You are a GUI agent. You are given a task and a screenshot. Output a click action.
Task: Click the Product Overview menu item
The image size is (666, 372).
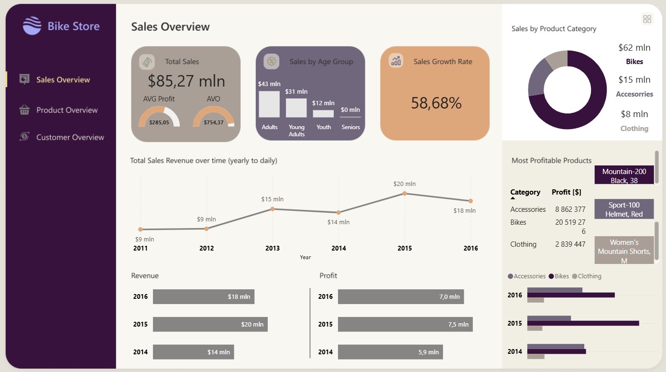pos(58,110)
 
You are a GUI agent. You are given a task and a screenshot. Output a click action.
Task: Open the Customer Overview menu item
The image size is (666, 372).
pos(62,137)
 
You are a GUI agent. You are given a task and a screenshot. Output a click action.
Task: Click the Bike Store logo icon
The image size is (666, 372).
pos(32,25)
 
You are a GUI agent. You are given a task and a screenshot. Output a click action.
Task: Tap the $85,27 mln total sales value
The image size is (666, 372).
pos(186,81)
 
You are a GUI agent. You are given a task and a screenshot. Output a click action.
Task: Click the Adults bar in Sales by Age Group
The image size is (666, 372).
pos(269,104)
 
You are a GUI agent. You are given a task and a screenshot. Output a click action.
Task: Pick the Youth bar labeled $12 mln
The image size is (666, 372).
pos(323,114)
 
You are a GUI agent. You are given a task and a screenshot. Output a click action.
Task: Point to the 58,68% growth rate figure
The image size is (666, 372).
pos(436,103)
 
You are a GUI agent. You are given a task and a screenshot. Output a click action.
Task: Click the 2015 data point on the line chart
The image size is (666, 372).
pos(404,194)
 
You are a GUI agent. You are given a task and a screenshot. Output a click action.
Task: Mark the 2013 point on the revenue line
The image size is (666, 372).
pos(273,209)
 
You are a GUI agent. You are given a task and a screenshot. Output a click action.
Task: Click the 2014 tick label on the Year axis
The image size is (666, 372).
pos(338,248)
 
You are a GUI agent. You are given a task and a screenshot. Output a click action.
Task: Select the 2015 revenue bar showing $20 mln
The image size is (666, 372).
pos(210,324)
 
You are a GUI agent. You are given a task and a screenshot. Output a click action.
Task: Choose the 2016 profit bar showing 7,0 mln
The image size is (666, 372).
pos(401,296)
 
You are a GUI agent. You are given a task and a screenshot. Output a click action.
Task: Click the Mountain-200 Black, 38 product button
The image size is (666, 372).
pos(624,175)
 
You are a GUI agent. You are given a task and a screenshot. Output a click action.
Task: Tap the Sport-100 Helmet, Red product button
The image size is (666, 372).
pos(624,209)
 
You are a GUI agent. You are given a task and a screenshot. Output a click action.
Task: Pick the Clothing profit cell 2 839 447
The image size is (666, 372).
pos(570,244)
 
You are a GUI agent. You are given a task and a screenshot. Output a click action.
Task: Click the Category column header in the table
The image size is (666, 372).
pos(525,192)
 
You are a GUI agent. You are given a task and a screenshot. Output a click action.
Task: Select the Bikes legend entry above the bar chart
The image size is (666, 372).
pos(559,276)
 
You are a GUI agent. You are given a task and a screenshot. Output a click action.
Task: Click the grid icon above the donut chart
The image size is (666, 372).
pos(647,19)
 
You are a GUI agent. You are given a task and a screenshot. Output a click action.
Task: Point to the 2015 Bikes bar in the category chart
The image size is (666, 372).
pos(583,323)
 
